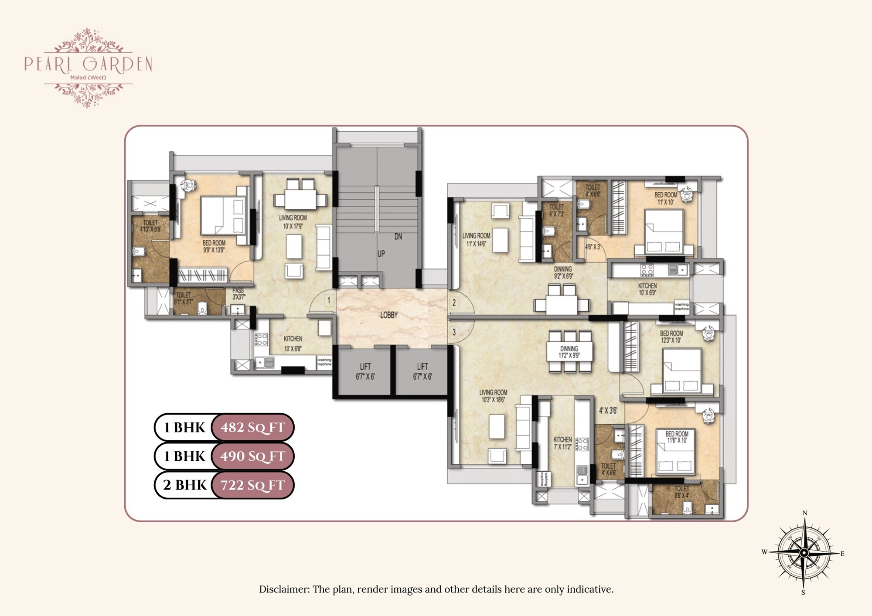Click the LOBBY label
(388, 315)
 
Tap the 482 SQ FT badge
(252, 427)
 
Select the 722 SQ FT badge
(252, 485)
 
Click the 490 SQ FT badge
(252, 456)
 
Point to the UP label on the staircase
(381, 254)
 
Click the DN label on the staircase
(398, 237)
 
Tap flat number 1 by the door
(329, 300)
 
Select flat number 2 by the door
(454, 302)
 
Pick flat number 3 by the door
(454, 332)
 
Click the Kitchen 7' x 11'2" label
(562, 443)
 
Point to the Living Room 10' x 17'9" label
(293, 221)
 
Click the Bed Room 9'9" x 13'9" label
(214, 246)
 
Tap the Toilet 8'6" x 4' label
(681, 492)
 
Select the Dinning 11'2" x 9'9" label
(569, 352)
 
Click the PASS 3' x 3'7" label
(238, 293)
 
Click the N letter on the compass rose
(805, 513)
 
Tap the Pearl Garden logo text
(88, 64)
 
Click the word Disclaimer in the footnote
(284, 589)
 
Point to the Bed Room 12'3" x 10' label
(671, 337)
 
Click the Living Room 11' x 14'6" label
(476, 239)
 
